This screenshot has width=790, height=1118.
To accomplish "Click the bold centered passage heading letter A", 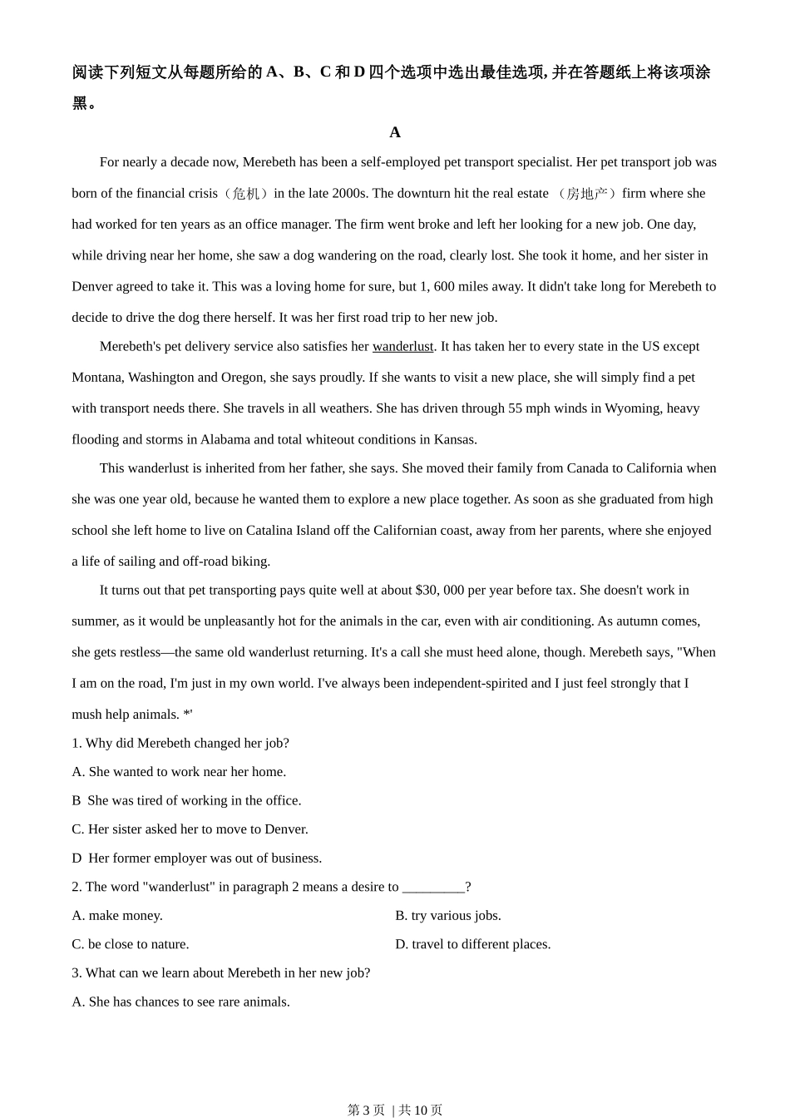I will [x=395, y=132].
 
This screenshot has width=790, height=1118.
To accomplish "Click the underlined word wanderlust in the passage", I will [x=402, y=346].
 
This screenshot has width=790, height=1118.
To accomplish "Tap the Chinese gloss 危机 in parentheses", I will [x=245, y=193].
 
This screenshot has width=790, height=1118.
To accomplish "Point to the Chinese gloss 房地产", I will [x=586, y=193].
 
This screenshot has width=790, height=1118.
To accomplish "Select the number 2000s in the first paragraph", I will [x=349, y=193].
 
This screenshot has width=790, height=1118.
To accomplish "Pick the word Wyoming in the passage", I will [x=633, y=408].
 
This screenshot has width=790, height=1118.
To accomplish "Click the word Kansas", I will [x=457, y=439].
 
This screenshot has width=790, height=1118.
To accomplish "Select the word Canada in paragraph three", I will [x=588, y=467].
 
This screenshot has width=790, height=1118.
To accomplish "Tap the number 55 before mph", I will [x=516, y=408].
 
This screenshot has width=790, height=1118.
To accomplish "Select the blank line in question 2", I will [x=433, y=887].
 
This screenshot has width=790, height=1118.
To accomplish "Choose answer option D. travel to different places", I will [x=473, y=944].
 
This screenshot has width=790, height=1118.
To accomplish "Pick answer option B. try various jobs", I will [x=448, y=915].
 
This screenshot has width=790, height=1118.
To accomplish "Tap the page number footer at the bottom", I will [x=395, y=1110].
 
